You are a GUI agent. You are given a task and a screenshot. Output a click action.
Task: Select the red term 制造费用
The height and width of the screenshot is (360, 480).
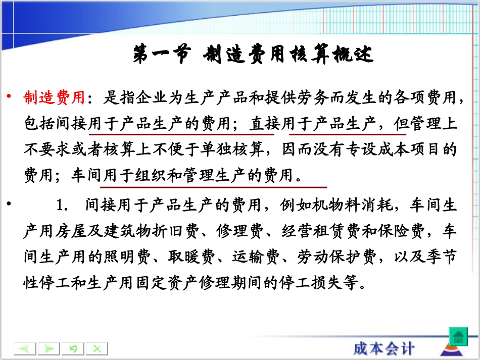pos(54,97)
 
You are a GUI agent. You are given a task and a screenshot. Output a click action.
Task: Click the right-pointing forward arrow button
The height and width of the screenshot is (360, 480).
pos(49,348)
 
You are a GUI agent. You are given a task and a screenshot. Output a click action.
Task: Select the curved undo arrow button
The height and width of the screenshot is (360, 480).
pos(73,348)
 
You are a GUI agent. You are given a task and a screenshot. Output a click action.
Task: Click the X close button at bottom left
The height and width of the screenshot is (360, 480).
pos(97,348)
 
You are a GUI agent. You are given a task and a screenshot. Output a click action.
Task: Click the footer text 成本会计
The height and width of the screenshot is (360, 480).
pos(384,347)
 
